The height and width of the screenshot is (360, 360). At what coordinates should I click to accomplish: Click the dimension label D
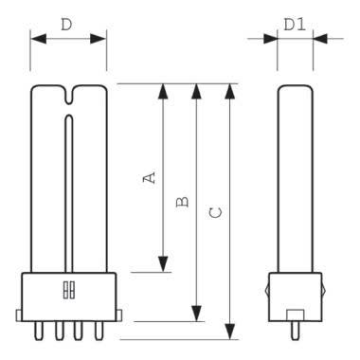point(66,25)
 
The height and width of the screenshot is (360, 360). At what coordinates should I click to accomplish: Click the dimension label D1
point(295,25)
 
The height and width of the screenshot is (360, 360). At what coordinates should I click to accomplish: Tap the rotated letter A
point(150,177)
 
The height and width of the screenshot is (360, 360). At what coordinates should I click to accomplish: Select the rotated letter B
point(183,202)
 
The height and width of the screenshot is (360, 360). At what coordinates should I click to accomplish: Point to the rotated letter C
point(216,213)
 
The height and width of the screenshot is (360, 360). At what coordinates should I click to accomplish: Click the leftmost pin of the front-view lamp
point(38,331)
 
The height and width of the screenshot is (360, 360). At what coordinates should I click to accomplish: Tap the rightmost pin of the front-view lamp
point(99,331)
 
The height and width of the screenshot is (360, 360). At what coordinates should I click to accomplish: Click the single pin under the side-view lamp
point(296,331)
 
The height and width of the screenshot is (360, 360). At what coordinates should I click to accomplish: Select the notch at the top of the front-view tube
point(69,95)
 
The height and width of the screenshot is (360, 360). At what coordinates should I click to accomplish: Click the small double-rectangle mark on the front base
point(69,290)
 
